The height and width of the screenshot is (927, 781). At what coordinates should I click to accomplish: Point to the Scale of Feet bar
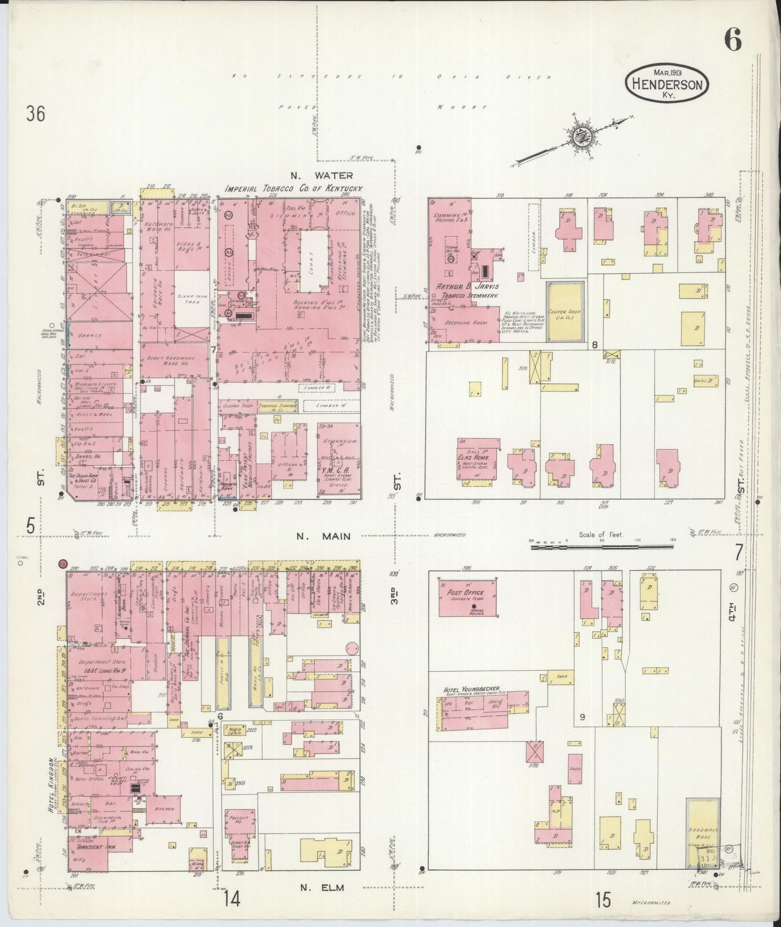click(x=603, y=547)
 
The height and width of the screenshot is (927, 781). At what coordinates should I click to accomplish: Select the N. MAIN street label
click(x=323, y=537)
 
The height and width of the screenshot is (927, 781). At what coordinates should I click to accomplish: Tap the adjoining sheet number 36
click(x=35, y=114)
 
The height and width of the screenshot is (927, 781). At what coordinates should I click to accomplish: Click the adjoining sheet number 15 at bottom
click(x=603, y=900)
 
